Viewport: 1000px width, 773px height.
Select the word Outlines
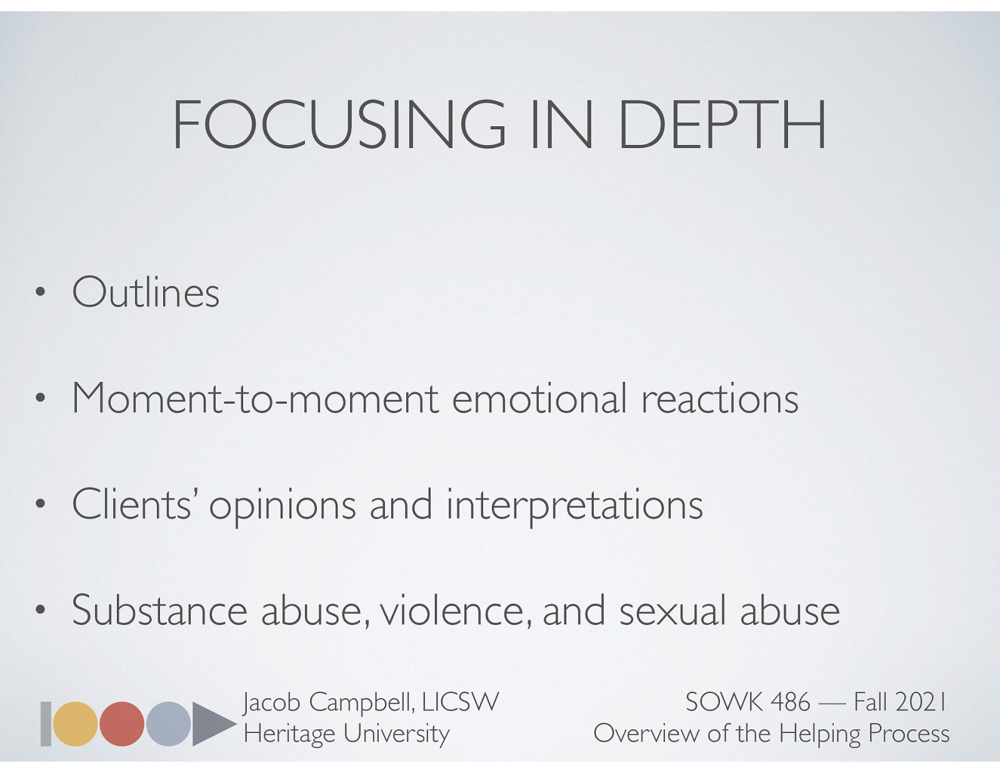(146, 292)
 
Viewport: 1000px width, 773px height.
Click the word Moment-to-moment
(256, 398)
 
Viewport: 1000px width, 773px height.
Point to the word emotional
(539, 398)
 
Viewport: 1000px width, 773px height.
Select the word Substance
(159, 610)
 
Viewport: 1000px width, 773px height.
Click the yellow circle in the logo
(75, 724)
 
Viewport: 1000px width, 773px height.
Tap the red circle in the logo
(122, 724)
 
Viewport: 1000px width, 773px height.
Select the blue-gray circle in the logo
(168, 724)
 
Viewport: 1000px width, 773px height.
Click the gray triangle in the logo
(209, 724)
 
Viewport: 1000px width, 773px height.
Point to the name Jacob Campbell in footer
(327, 702)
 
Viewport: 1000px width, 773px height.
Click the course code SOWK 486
(747, 702)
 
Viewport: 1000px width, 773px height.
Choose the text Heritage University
(346, 733)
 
